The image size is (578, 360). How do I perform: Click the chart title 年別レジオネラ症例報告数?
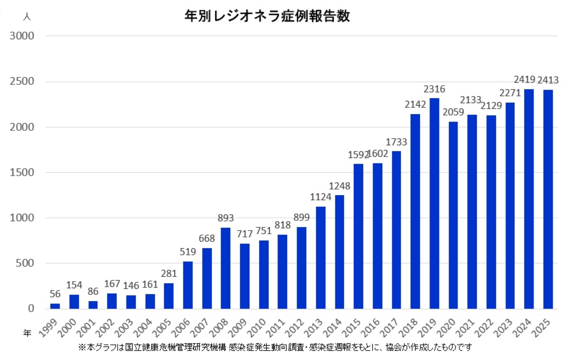pos(267,16)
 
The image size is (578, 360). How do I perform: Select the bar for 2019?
pos(434,203)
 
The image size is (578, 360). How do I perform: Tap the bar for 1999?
pos(55,306)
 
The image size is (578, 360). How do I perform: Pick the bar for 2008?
pos(225,268)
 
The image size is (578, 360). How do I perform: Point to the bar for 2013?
pos(321,258)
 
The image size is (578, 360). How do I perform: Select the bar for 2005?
pos(169,296)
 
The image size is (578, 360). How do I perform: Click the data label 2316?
pos(434,89)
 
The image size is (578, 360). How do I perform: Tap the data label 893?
pos(225,218)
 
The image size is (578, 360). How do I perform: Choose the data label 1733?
pos(396,142)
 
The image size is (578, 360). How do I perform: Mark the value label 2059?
pos(453,112)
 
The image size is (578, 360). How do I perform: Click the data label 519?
pos(188,252)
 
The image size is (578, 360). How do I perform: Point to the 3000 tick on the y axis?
pos(22,36)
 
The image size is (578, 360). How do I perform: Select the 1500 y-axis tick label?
pos(22,172)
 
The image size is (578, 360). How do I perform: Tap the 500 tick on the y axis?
pos(25,263)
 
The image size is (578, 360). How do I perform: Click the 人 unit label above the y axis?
pos(27,17)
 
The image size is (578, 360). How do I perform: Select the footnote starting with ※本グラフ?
pos(275,347)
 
